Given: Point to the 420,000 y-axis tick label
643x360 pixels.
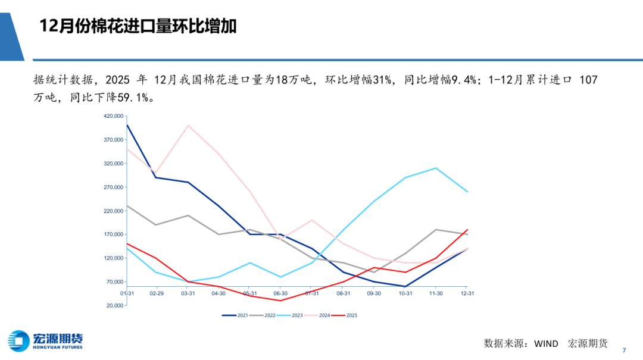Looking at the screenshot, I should pyautogui.click(x=113, y=116).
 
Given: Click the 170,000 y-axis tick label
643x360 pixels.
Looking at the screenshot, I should pyautogui.click(x=113, y=234).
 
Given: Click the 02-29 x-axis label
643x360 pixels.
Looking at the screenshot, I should pyautogui.click(x=157, y=293).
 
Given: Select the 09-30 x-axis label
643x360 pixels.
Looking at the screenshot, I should pyautogui.click(x=374, y=293).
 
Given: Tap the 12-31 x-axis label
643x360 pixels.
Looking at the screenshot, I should pyautogui.click(x=468, y=293).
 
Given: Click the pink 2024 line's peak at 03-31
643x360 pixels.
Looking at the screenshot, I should pyautogui.click(x=188, y=125).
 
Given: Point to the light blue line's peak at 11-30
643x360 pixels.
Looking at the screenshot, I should pyautogui.click(x=436, y=168).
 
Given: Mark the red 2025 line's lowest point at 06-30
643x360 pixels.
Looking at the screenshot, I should pyautogui.click(x=281, y=300).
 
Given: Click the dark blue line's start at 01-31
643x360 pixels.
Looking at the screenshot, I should pyautogui.click(x=127, y=125).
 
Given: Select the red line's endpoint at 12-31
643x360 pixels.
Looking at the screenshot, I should pyautogui.click(x=467, y=230).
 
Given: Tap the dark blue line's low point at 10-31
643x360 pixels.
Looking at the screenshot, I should pyautogui.click(x=405, y=286).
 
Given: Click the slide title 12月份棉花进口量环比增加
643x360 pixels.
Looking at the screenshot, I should pyautogui.click(x=138, y=26).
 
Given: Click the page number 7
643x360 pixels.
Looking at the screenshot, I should pyautogui.click(x=624, y=349).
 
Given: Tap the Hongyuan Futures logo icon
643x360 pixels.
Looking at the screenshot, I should pyautogui.click(x=19, y=341).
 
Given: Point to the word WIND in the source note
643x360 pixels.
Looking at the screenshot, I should pyautogui.click(x=545, y=343).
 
